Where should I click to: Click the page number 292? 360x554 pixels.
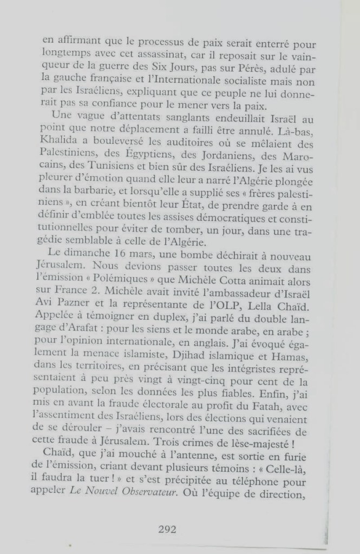167,529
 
